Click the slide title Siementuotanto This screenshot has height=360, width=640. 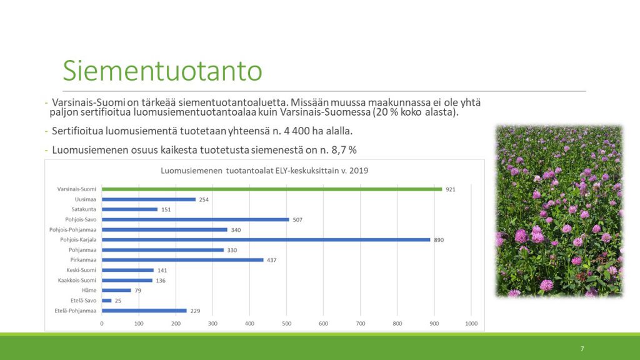(162, 71)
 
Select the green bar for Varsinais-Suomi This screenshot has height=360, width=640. (272, 189)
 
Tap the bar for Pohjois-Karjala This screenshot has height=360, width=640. (266, 240)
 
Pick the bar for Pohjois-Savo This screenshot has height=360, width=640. (196, 219)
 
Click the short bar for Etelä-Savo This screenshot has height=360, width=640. (106, 301)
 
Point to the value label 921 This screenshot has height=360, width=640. (450, 189)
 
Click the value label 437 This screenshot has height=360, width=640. (271, 260)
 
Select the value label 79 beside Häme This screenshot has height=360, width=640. (138, 291)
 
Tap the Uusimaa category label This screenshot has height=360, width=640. (85, 199)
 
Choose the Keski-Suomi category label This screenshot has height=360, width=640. (81, 270)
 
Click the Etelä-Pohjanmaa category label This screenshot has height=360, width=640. (76, 311)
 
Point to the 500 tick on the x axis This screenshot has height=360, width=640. (286, 324)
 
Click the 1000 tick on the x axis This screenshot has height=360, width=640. (471, 324)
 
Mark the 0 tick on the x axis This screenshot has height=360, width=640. (102, 324)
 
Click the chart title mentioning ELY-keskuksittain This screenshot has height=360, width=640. (264, 171)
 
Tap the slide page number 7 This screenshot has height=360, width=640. (582, 349)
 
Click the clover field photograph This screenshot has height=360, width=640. (559, 211)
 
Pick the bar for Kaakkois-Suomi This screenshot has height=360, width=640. (127, 281)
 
